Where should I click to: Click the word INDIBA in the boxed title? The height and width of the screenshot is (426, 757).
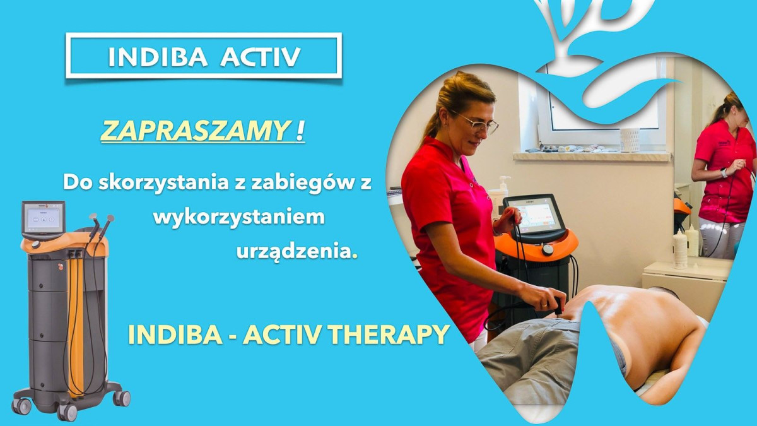pos(158,57)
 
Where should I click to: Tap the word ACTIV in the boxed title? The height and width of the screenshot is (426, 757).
pos(261,57)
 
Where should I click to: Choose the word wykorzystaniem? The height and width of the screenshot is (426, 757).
pos(239,218)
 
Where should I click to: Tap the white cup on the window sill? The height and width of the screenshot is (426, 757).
pos(629,140)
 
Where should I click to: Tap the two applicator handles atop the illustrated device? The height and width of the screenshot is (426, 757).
pos(100,223)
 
